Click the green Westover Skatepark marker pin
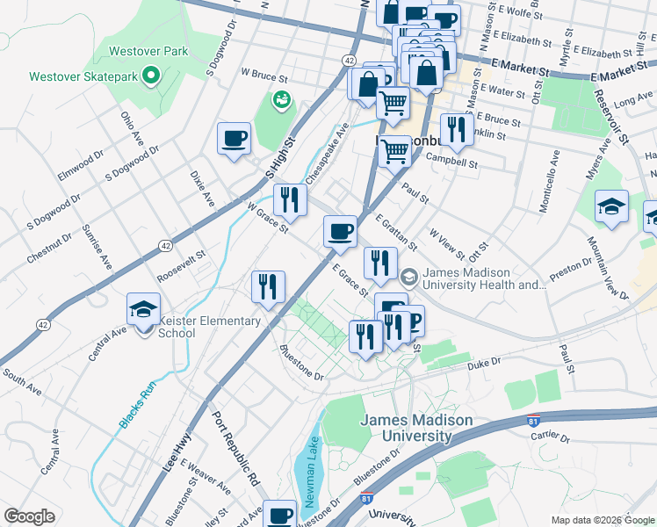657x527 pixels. tap(151, 76)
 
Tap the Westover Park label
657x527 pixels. tap(148, 52)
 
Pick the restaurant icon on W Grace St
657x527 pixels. tap(286, 199)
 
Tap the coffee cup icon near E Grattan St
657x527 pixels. tap(340, 232)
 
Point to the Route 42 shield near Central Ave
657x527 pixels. tap(43, 324)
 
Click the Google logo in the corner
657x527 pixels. tap(30, 516)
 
